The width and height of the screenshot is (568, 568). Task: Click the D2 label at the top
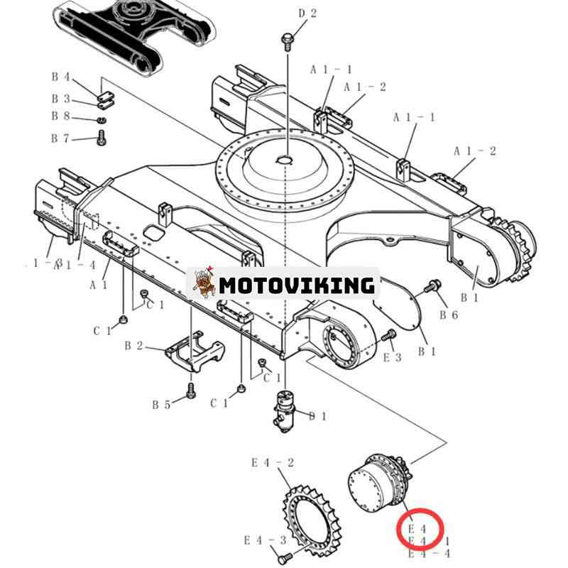(x=307, y=13)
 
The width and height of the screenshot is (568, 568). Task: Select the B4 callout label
(x=60, y=77)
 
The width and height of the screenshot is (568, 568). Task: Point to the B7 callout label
(x=60, y=138)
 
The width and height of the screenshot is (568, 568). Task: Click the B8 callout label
(x=60, y=116)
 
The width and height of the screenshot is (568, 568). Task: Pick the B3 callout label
(x=60, y=99)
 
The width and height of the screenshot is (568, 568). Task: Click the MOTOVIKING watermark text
(x=296, y=285)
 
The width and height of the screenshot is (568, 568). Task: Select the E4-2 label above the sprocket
(x=273, y=463)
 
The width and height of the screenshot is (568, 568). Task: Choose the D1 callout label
(x=317, y=416)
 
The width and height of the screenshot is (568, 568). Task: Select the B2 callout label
(x=133, y=346)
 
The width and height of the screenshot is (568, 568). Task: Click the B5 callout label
(x=161, y=405)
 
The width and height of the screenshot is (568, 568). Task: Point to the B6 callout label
(x=448, y=315)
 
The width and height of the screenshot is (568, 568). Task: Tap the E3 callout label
(x=393, y=357)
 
